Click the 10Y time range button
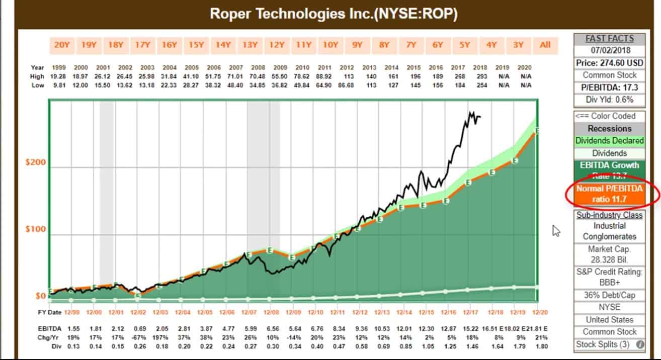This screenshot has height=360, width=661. pyautogui.click(x=330, y=45)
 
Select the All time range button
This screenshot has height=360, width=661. pyautogui.click(x=545, y=45)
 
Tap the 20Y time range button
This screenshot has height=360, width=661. pyautogui.click(x=61, y=45)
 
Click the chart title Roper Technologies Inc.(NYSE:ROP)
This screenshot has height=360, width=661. pyautogui.click(x=334, y=14)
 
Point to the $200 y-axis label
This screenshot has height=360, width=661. pyautogui.click(x=35, y=163)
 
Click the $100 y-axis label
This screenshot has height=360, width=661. pyautogui.click(x=35, y=229)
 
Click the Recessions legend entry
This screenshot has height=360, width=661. pyautogui.click(x=609, y=128)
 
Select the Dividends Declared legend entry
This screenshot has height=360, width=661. pyautogui.click(x=609, y=141)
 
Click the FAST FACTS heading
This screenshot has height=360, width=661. pyautogui.click(x=609, y=39)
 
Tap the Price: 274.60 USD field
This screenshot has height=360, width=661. pyautogui.click(x=609, y=63)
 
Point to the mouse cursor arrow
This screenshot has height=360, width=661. pyautogui.click(x=556, y=231)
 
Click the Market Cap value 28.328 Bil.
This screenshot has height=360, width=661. pyautogui.click(x=609, y=260)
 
